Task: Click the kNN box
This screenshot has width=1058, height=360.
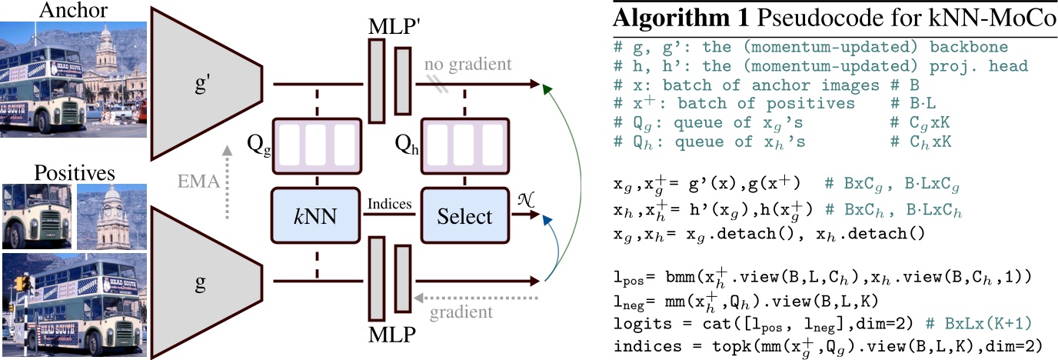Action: [315, 216]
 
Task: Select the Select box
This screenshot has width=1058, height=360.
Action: [464, 216]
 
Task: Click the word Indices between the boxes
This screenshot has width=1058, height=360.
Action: [391, 205]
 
